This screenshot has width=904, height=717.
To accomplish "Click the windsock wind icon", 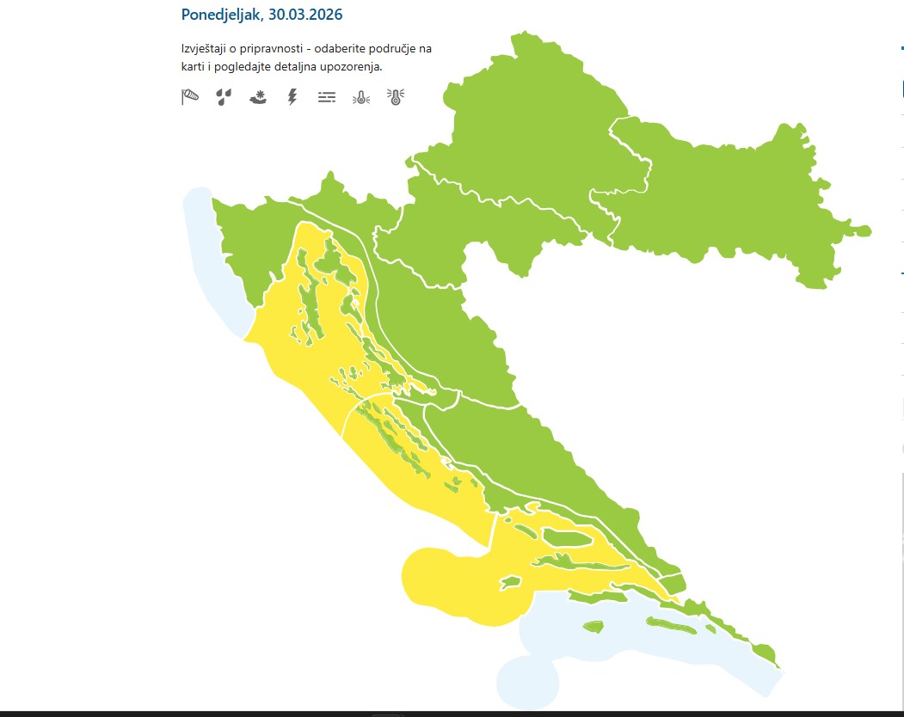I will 190,97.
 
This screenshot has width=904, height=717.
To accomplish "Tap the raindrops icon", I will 224,97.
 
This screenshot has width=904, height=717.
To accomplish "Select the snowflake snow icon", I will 258,97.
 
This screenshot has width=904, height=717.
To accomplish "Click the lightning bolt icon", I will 292,97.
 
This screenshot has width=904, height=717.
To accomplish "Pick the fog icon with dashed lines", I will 326,97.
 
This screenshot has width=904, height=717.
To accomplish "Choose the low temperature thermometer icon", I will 360,97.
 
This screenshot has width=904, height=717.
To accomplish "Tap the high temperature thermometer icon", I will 395,97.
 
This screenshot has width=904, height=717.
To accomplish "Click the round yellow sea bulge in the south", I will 447,585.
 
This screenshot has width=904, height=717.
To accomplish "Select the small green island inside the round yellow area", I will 511,582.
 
